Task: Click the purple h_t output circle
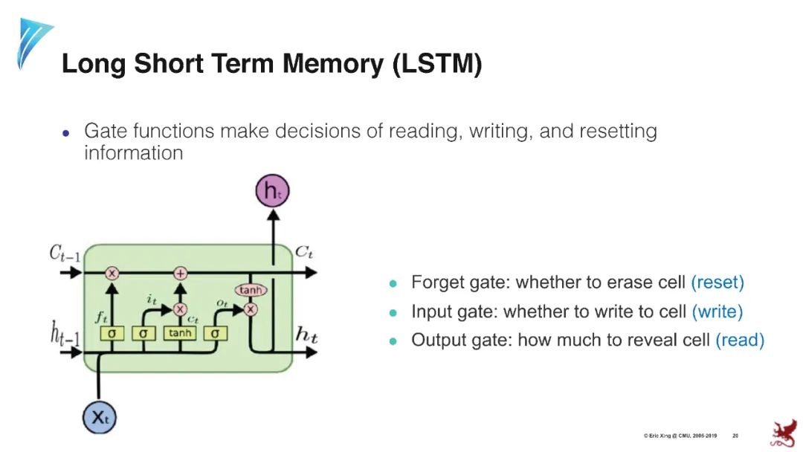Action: [272, 191]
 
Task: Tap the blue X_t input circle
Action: [100, 417]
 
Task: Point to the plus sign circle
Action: [180, 273]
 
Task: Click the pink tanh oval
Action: [250, 290]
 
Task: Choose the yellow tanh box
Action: [180, 333]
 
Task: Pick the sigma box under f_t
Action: [112, 333]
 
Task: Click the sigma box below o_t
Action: [215, 333]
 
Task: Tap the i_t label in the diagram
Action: [152, 300]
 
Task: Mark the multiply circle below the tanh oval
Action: [251, 309]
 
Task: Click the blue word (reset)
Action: [717, 282]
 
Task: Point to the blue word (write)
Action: [717, 311]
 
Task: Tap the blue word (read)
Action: [739, 340]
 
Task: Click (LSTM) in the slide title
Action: [437, 65]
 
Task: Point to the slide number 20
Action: [735, 435]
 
